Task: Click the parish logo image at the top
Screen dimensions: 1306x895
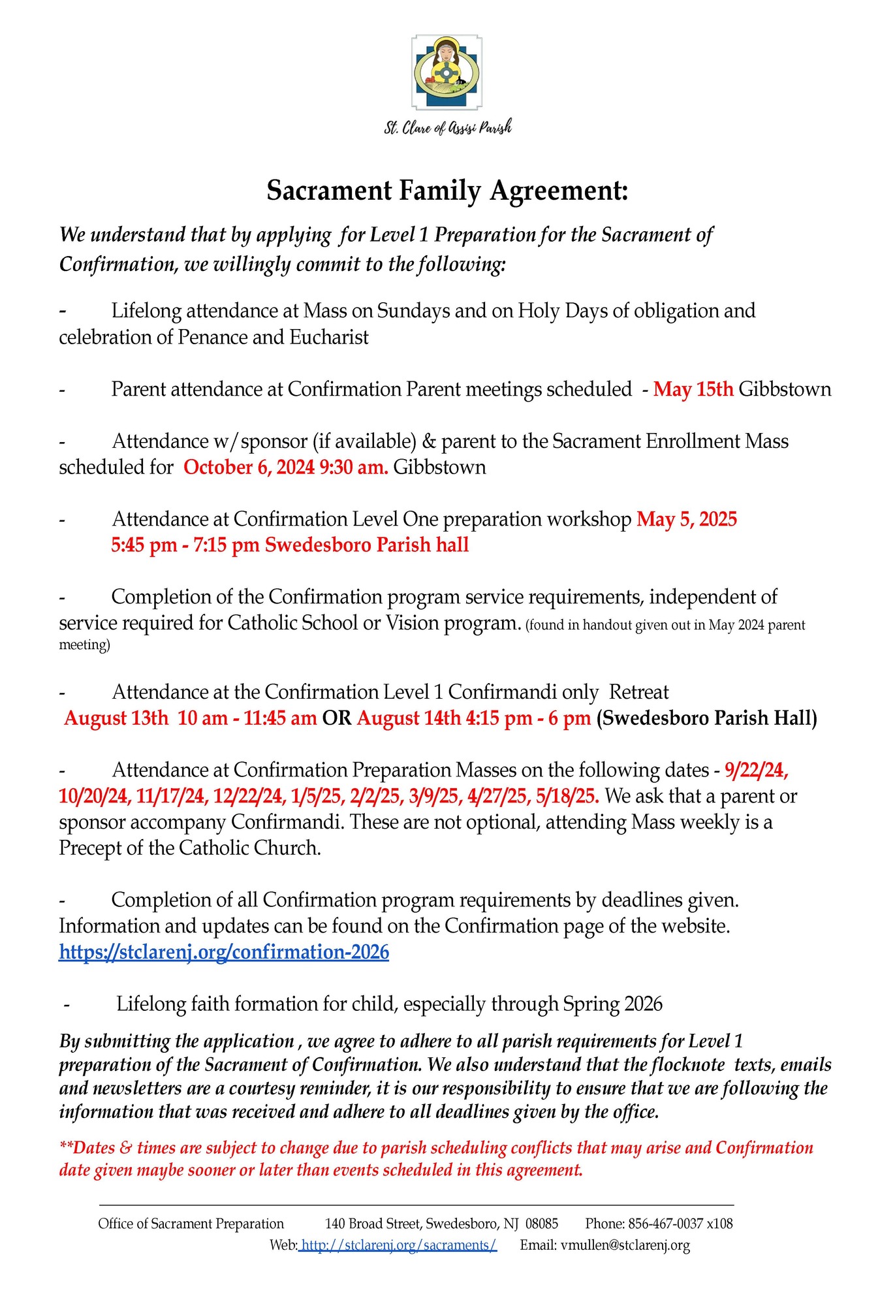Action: [447, 72]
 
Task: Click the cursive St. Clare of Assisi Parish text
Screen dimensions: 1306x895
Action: [447, 127]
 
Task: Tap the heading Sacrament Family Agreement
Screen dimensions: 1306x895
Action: [447, 191]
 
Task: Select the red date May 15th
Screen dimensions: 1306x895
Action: [693, 389]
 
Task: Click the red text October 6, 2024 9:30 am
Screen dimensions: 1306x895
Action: [285, 468]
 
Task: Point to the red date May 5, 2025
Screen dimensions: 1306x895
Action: [687, 519]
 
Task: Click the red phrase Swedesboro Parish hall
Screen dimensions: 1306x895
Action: [366, 545]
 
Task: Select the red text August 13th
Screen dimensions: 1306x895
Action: [116, 718]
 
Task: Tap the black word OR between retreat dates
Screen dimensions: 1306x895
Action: [337, 718]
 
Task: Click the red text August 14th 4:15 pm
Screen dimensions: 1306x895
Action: [444, 718]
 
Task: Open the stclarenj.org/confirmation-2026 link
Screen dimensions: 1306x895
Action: [224, 952]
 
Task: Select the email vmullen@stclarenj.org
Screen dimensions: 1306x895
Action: [625, 1245]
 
